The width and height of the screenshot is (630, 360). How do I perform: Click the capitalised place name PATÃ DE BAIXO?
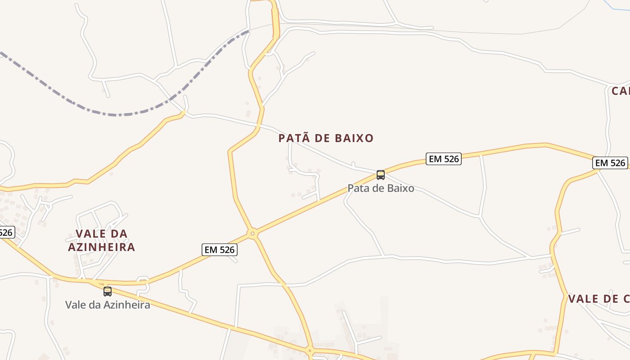point(326,138)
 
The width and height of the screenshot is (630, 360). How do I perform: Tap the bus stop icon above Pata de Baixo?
point(381,175)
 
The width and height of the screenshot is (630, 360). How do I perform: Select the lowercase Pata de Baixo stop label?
point(381,188)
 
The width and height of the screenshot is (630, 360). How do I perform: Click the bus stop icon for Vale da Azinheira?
point(108,291)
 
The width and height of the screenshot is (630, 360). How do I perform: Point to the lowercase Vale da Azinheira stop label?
point(108,305)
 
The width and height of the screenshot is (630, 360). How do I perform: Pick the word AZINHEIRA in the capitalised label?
point(102,247)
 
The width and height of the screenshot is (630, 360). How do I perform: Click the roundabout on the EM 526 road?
point(252,233)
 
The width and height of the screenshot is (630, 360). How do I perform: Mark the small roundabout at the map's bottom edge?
point(310,350)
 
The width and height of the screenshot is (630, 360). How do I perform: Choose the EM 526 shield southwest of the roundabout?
point(219,250)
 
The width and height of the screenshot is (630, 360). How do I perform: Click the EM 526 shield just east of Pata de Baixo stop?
point(443,159)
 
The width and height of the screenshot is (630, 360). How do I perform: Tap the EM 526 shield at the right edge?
point(610,163)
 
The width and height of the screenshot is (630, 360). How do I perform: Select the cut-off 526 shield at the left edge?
point(6,232)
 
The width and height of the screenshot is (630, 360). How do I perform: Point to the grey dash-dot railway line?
point(117,114)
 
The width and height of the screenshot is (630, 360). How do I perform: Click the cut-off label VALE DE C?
point(598,299)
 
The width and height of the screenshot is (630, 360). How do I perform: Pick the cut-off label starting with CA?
point(621,91)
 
